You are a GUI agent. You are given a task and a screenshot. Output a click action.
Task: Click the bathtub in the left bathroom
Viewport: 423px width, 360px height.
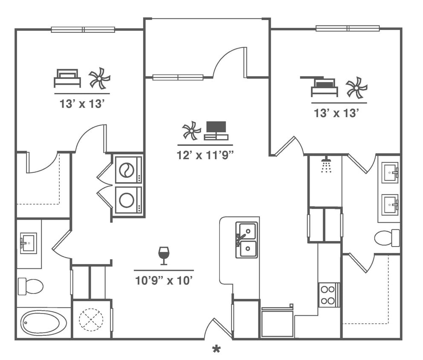point(44,323)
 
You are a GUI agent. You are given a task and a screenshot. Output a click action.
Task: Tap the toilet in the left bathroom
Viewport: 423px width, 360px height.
point(31,286)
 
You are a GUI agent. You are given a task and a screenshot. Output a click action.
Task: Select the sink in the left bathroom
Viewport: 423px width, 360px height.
point(29,243)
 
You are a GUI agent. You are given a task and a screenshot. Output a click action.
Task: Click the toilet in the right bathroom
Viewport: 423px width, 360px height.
point(387,238)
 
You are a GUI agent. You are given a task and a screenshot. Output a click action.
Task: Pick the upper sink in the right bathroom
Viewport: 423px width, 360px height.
point(390,173)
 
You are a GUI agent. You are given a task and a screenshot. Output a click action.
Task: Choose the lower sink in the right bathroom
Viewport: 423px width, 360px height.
point(390,205)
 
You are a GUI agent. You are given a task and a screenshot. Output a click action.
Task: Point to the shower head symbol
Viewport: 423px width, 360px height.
point(326,165)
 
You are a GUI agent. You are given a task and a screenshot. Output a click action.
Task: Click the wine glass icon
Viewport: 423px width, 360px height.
point(164,255)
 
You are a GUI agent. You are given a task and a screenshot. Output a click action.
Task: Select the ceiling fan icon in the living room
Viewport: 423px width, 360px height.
point(191,131)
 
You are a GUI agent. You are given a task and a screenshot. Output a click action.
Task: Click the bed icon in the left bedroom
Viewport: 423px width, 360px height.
point(67,78)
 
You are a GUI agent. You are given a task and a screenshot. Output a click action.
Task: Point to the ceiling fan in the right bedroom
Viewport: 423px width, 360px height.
point(356,87)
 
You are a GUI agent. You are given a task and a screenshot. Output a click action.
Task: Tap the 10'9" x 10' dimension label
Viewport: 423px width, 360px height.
point(164,281)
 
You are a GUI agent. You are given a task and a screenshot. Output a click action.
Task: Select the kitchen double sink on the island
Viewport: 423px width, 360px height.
point(247,240)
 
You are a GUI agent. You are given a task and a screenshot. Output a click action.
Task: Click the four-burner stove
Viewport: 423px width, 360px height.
point(328,295)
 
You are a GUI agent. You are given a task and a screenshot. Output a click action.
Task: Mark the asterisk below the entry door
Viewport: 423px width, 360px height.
point(217,350)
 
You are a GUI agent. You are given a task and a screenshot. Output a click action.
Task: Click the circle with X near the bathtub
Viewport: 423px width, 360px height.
point(91,319)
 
